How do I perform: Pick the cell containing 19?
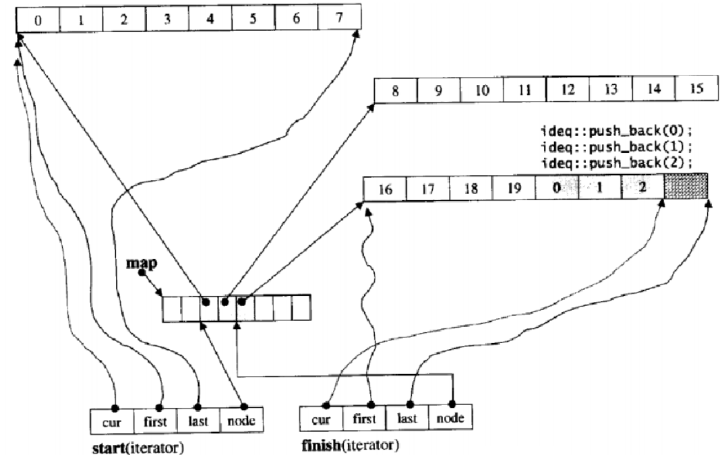coord(512,187)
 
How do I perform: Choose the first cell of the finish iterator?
coord(365,418)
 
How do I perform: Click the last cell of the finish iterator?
coord(408,418)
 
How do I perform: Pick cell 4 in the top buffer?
coord(210,18)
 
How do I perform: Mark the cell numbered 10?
coord(481,90)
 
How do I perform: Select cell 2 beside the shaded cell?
coord(642,187)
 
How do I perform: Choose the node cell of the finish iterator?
coord(451,418)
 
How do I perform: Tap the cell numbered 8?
coord(395,90)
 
